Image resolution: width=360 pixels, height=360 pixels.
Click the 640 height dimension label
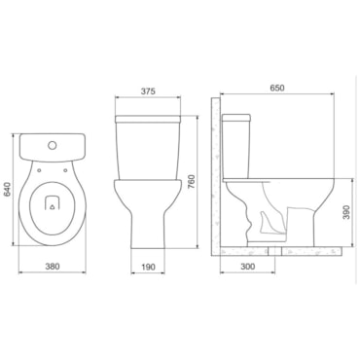(x=8, y=190)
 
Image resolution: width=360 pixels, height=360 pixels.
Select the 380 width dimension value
(x=53, y=267)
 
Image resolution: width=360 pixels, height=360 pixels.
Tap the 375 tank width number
(x=148, y=91)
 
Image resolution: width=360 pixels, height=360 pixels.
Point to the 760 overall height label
(x=191, y=182)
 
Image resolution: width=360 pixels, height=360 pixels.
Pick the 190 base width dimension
(x=148, y=267)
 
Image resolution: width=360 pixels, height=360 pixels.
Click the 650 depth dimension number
(x=276, y=88)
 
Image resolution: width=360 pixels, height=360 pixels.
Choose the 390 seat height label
(x=346, y=212)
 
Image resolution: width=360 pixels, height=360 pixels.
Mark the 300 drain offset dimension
(x=248, y=267)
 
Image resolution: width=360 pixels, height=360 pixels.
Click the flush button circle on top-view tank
(x=52, y=145)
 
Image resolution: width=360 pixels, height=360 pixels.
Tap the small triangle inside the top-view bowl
(x=52, y=207)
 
